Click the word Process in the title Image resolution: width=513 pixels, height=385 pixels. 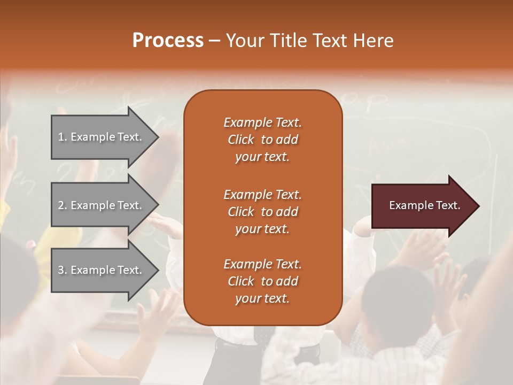coord(168,41)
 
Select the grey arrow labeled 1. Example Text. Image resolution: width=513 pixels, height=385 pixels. coord(105,137)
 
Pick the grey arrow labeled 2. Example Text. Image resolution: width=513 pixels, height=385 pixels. coord(105,205)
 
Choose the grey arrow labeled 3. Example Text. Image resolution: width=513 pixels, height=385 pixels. coord(105,270)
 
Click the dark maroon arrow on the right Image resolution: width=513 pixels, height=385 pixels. coord(426,206)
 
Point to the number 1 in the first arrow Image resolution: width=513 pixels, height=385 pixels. coord(60,137)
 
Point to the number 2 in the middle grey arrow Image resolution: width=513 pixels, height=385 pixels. coord(61,205)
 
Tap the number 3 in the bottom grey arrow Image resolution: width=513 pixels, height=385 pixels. coord(61,270)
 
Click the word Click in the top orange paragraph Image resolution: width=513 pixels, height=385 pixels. coord(241,140)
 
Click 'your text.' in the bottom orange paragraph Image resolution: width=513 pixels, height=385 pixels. coord(262,298)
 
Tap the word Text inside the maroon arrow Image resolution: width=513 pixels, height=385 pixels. coord(448,205)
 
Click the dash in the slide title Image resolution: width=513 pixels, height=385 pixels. coord(215,42)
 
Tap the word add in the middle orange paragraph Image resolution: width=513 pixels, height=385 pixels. coord(288,212)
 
